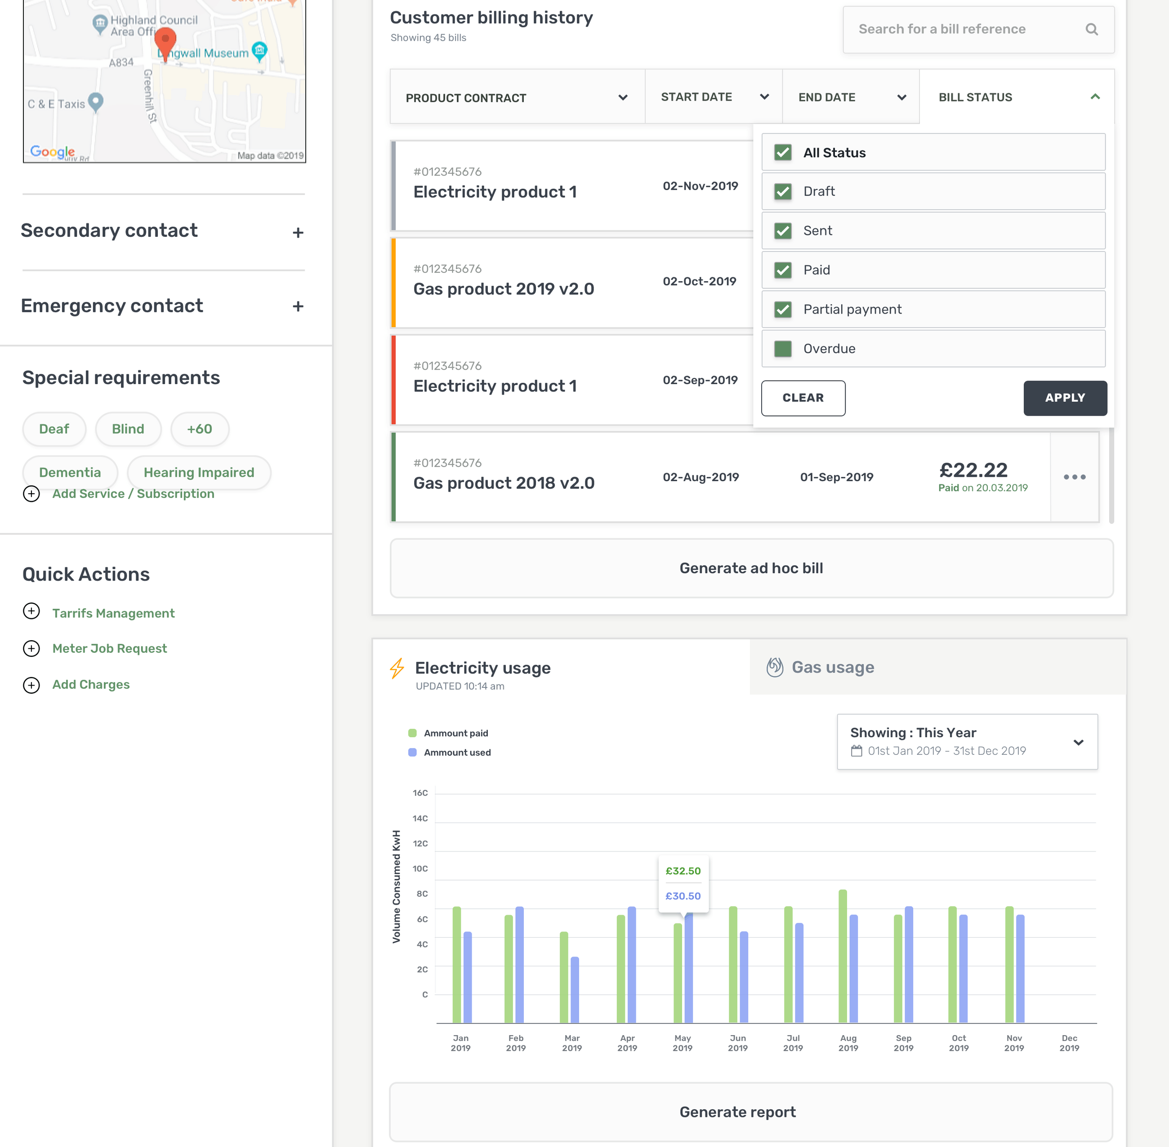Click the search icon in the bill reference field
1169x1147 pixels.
(1091, 30)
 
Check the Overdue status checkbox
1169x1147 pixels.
(782, 349)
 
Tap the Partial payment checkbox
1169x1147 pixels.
(782, 310)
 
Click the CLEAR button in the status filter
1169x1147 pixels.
(803, 398)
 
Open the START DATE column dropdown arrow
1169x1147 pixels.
(764, 97)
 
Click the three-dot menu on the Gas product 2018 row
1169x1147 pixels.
(1074, 477)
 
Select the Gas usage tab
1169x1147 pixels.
(832, 668)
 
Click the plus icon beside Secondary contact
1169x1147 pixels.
(298, 233)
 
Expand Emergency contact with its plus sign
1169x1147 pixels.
(298, 306)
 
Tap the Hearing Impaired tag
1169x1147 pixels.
(198, 472)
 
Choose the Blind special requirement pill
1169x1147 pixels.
(128, 429)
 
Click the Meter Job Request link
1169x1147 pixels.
(109, 648)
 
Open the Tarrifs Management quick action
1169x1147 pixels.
(113, 613)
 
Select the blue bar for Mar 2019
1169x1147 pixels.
(575, 991)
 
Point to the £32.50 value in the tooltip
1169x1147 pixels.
(683, 871)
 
